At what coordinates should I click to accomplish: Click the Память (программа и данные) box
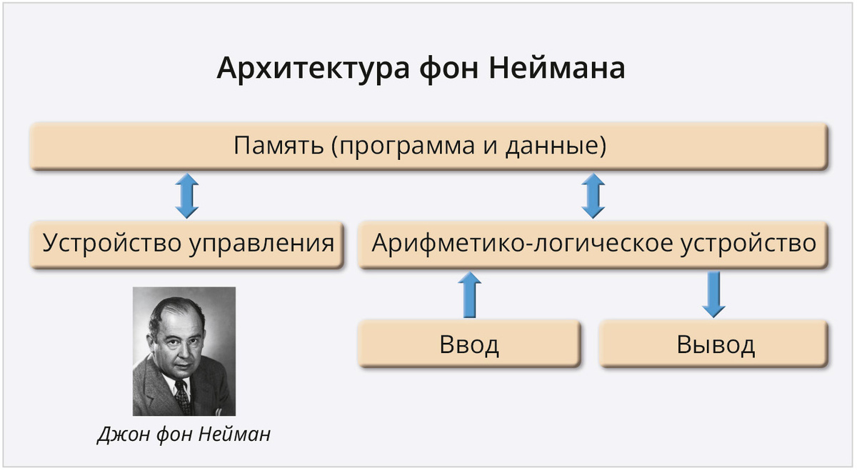pos(428,146)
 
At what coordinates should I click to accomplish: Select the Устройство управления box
pos(188,244)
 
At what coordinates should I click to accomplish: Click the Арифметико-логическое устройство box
pos(593,244)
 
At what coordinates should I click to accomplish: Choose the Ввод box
pos(468,344)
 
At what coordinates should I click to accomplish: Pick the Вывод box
pos(715,344)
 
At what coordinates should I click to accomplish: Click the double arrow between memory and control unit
pos(187,195)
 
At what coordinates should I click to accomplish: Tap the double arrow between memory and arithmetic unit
pos(592,195)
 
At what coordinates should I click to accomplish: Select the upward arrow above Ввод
pos(468,294)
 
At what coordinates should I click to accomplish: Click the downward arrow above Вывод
pos(713,294)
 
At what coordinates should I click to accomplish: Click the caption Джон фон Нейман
pos(184,434)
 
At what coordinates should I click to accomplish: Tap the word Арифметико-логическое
pos(521,244)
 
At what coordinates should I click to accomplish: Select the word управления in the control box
pos(261,244)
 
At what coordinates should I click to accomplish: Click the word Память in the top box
pos(278,146)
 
